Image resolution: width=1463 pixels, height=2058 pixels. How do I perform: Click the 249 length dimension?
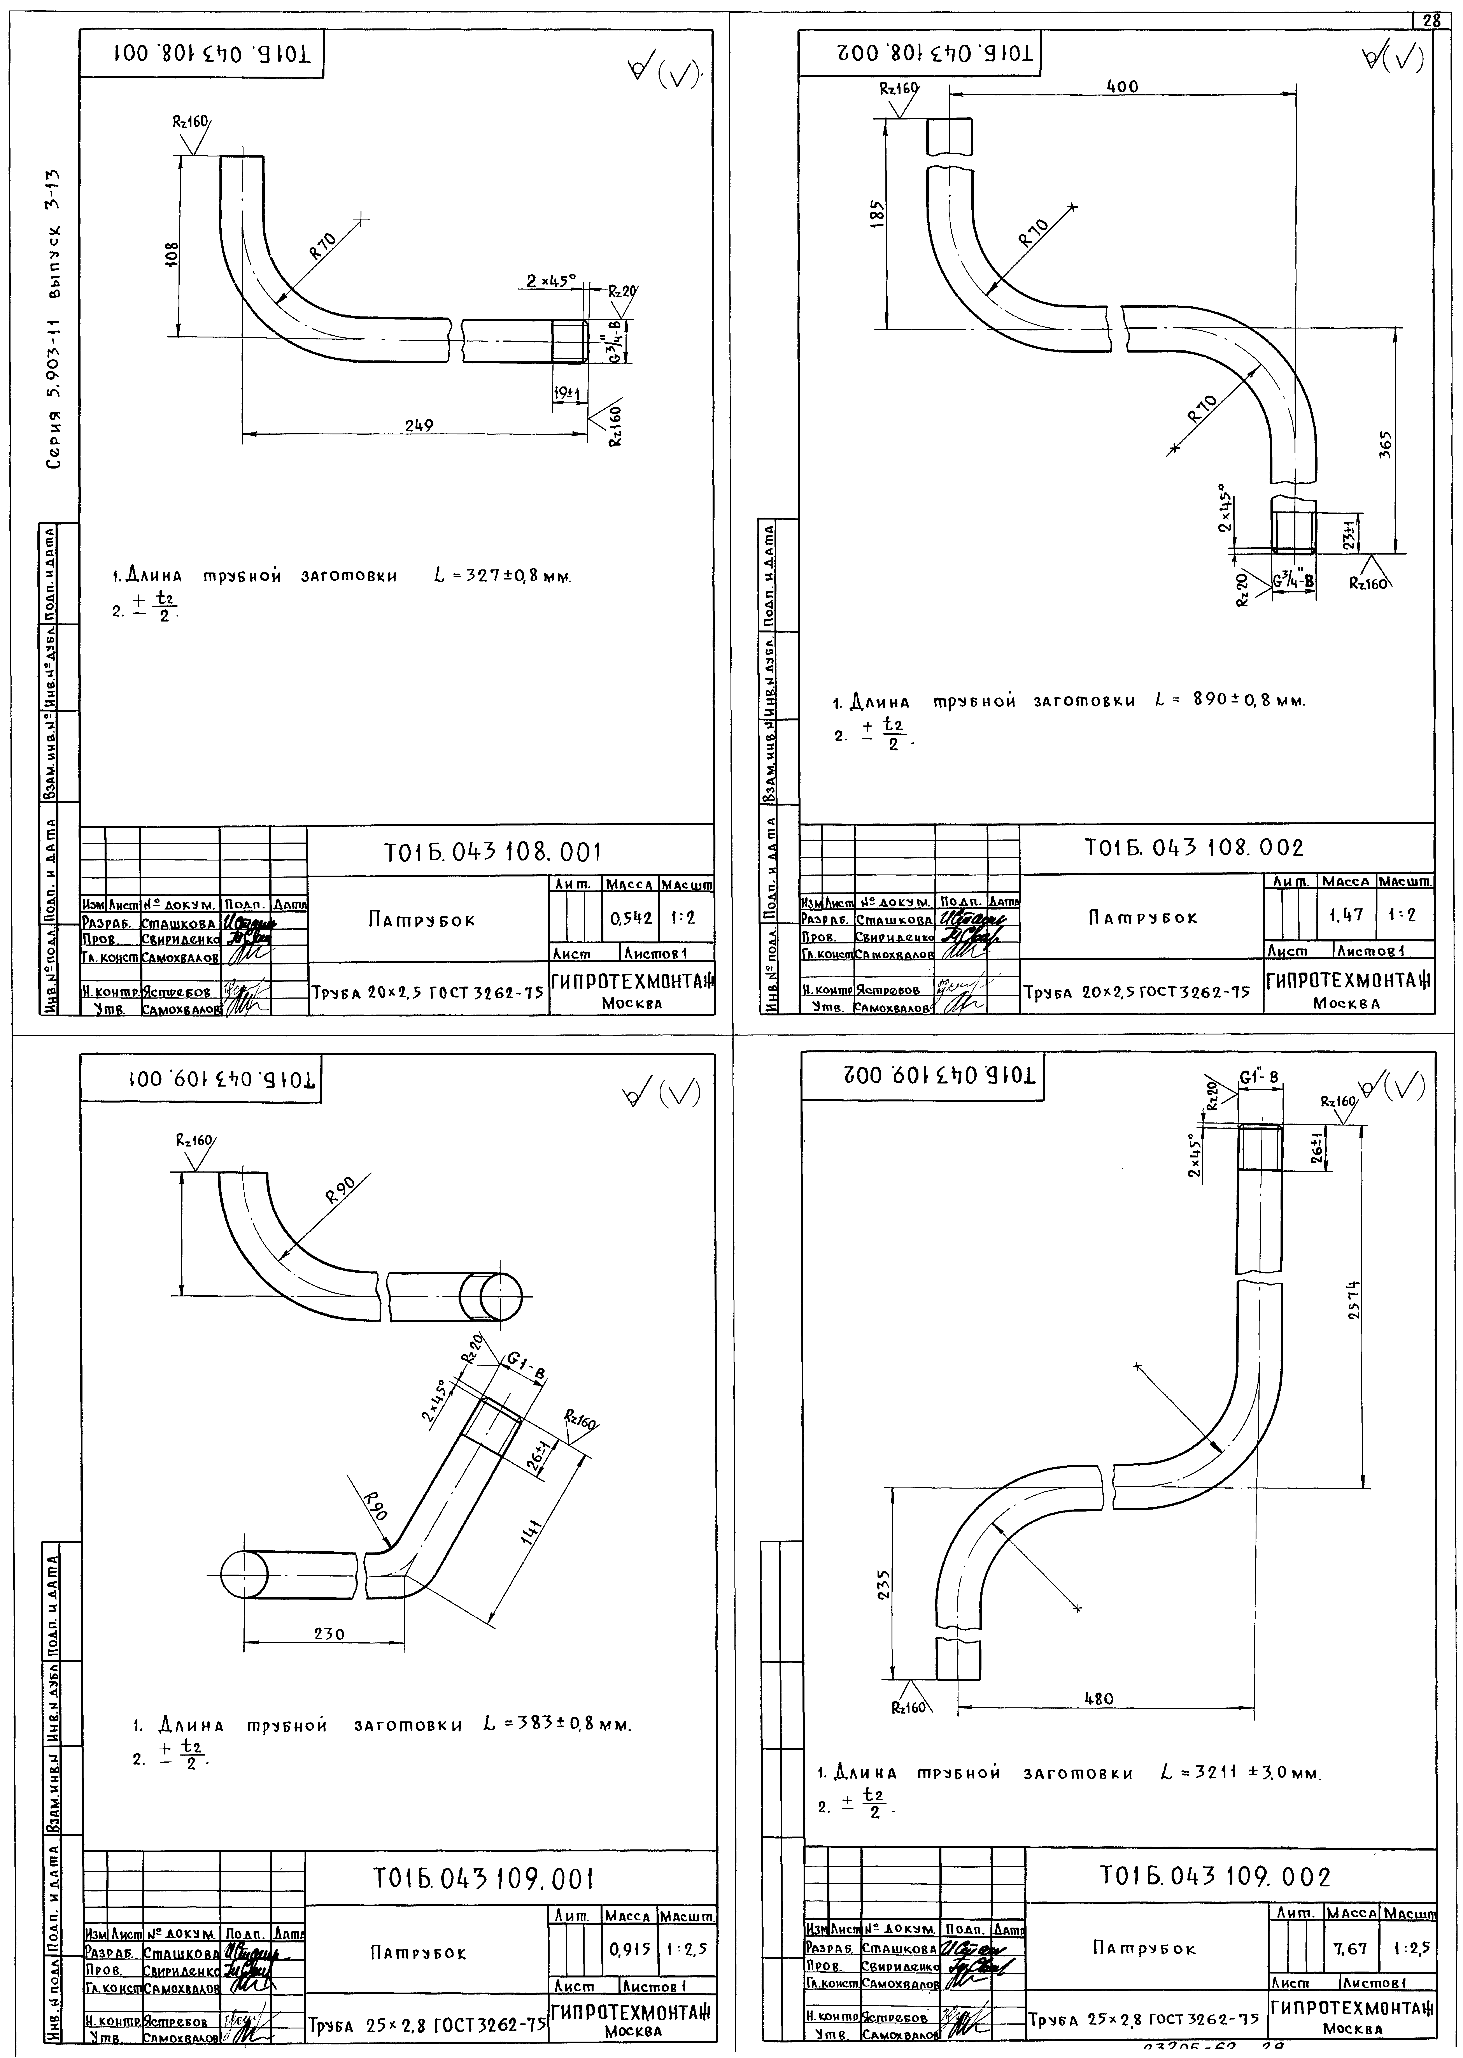[419, 425]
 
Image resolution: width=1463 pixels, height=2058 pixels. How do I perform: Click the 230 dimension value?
[329, 1633]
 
